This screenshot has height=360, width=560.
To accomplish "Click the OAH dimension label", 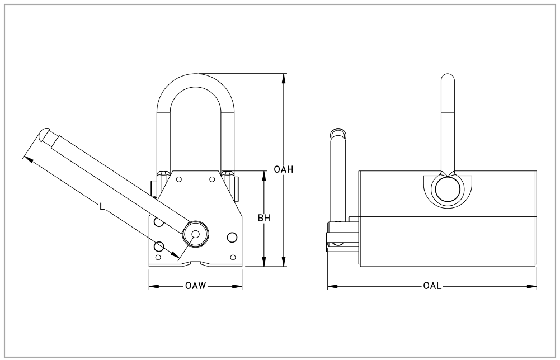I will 284,169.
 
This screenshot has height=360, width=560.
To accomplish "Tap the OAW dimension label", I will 196,287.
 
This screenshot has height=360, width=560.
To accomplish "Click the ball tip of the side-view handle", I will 337,132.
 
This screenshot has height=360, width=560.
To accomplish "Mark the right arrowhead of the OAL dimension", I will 533,287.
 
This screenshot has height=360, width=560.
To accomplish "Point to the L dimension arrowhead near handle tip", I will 27,158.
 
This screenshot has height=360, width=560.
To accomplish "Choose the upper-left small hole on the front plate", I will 179,179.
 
